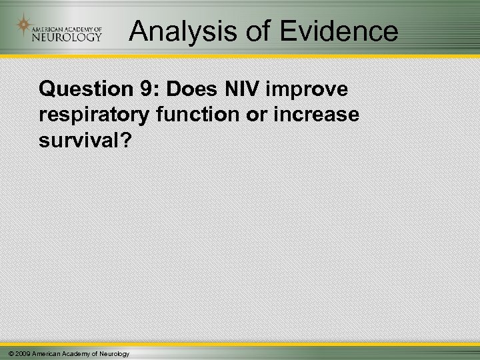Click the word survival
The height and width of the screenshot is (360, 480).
click(x=73, y=139)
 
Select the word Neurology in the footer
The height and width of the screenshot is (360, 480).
click(x=115, y=353)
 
